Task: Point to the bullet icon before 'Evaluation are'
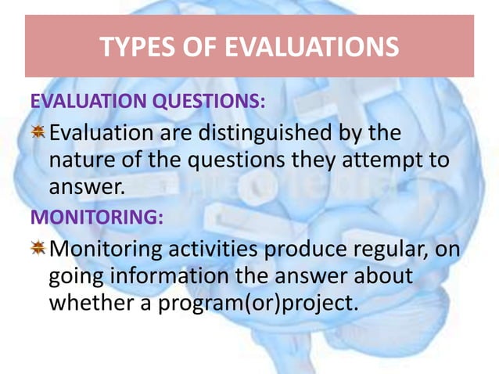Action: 38,133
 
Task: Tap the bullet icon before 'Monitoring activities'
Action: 38,249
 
